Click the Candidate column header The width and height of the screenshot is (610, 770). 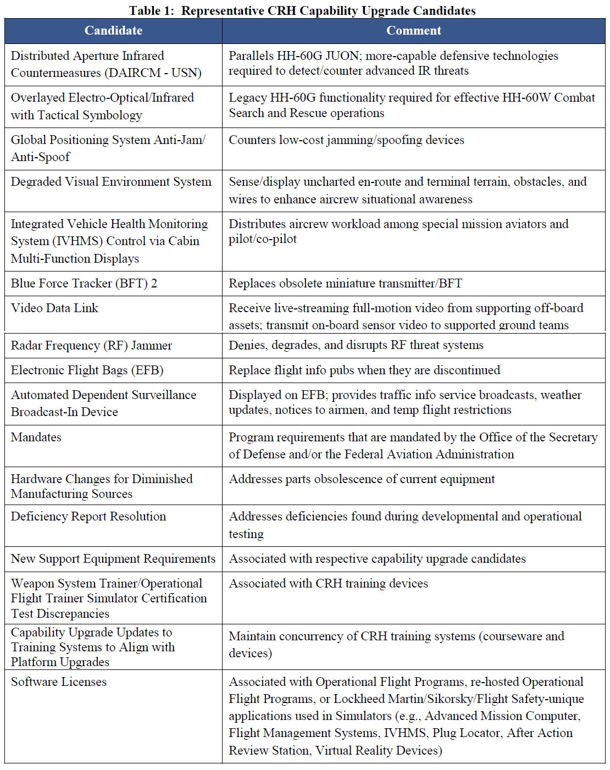(113, 31)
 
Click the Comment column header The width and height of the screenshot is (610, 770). (413, 31)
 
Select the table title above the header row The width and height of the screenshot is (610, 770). (302, 10)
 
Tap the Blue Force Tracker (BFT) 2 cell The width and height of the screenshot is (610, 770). (84, 284)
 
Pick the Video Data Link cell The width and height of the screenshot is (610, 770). (55, 308)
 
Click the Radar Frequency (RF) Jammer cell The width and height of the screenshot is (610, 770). (91, 346)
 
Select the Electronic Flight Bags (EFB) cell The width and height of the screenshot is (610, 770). (87, 370)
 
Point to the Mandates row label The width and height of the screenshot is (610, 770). (36, 437)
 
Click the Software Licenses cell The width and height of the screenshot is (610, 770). (59, 682)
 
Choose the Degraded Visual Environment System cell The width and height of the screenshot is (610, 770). (111, 182)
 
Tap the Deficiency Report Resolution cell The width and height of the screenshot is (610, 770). (88, 517)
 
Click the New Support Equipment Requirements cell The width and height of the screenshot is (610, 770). (113, 559)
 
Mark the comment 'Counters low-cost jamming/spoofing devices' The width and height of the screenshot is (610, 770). (346, 140)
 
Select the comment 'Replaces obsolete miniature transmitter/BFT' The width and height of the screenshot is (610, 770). (345, 284)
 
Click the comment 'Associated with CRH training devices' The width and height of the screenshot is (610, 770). (328, 584)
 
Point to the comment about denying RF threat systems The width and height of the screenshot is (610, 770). (356, 345)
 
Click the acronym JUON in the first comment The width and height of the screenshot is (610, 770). (342, 56)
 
